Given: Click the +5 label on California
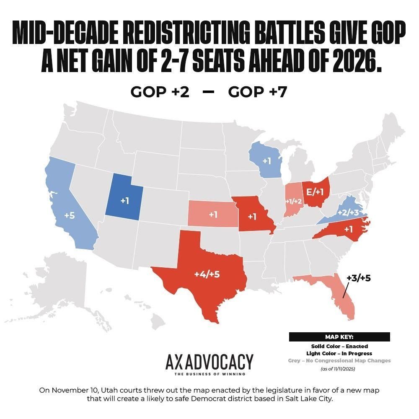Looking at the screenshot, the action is [x=70, y=215].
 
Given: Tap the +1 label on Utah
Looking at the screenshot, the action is [x=125, y=200].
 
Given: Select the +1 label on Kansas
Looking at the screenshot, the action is [x=213, y=215].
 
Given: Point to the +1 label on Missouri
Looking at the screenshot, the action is [x=252, y=217].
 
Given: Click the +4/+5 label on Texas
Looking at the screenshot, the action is [x=207, y=274].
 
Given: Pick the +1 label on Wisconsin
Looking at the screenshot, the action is [x=266, y=160].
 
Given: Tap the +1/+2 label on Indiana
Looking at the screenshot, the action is [x=293, y=201].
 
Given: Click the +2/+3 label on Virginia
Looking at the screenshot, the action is [x=348, y=213].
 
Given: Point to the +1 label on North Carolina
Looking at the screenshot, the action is [x=349, y=229].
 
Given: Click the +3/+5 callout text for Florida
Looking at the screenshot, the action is [x=359, y=278].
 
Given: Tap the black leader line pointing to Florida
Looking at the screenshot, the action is [x=346, y=291].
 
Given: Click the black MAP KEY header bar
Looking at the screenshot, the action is [x=339, y=337].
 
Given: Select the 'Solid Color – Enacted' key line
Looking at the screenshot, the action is [x=339, y=347].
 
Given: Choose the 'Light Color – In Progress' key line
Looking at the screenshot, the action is [x=339, y=354].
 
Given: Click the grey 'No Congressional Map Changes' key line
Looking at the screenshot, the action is [x=339, y=361].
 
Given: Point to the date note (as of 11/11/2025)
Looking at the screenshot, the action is [x=338, y=369].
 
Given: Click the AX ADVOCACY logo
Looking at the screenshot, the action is [x=209, y=364].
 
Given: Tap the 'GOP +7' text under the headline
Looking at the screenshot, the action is [x=258, y=92].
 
